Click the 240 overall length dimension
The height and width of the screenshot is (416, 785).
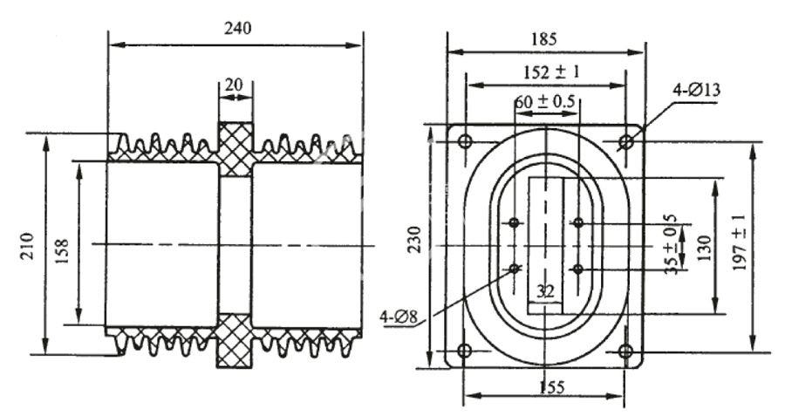pos(238,29)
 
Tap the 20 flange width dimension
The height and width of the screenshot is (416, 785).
pos(233,85)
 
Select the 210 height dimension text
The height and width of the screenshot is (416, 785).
pos(28,245)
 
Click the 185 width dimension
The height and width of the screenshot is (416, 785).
pos(544,39)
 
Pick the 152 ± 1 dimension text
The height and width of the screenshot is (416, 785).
pos(551,72)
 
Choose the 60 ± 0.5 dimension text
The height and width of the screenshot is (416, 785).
pos(544,102)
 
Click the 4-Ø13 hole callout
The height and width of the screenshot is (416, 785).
pos(697,90)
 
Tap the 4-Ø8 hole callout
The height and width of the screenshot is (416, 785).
pos(399,317)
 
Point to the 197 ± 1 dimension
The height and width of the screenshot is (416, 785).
pos(739,243)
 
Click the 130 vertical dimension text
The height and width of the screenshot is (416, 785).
pos(703,249)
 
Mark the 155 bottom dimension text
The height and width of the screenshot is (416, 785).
pos(552,387)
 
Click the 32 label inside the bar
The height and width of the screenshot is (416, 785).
pos(545,291)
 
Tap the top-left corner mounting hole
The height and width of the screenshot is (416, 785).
pos(465,141)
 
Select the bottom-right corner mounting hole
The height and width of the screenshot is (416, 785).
pos(625,351)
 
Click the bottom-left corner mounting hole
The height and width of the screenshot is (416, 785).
pos(465,351)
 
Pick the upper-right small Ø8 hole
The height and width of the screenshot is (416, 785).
pos(578,222)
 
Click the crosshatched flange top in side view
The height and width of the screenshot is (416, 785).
pos(235,149)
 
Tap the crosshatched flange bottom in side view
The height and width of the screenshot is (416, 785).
pos(235,341)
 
